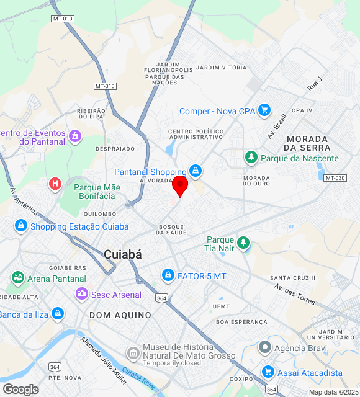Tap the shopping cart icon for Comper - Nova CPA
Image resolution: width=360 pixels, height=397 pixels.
265,110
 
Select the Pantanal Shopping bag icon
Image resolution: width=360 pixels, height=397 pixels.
196,170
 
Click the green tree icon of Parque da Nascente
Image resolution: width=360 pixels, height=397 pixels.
251,158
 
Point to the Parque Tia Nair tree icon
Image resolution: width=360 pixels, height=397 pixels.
244,241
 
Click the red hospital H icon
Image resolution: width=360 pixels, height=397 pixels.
55,184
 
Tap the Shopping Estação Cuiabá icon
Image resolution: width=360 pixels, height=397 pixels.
21,226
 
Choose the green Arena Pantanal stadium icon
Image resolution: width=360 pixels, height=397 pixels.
17,278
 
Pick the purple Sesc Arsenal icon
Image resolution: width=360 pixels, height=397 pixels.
81,293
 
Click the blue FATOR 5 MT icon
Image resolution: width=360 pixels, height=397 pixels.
168,274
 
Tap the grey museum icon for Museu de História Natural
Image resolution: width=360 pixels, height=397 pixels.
133,354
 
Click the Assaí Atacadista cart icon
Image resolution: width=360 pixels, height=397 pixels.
268,372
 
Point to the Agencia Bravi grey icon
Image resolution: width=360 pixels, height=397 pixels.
265,347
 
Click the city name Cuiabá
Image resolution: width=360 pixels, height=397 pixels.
123,254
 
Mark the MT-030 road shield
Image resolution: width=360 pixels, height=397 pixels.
335,178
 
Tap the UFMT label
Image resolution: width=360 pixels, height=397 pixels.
221,306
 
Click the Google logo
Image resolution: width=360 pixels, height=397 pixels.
20,389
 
